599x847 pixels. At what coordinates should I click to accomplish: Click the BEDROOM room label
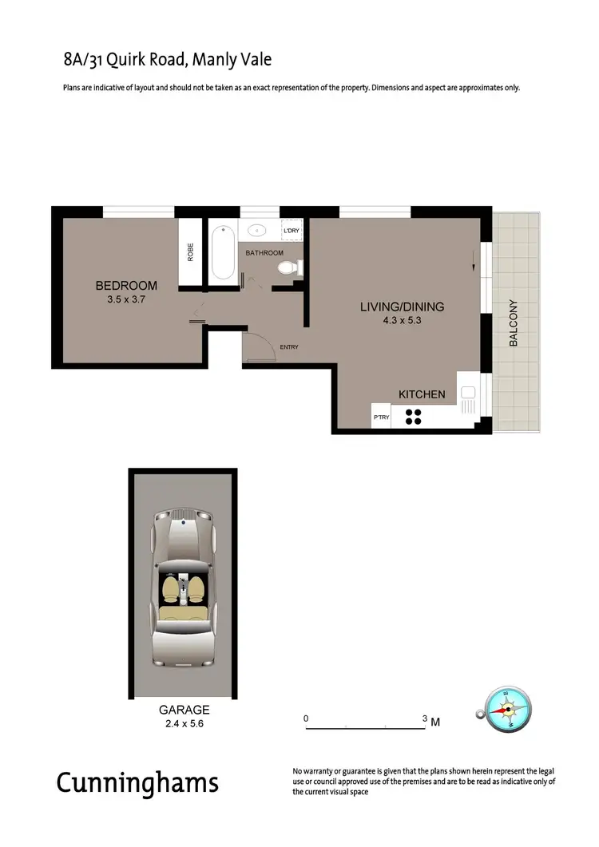tap(126, 286)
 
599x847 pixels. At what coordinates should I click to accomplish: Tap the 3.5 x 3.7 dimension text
tap(126, 300)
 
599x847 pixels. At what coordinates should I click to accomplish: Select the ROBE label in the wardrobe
tap(190, 252)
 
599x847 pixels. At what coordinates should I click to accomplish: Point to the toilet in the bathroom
tap(284, 268)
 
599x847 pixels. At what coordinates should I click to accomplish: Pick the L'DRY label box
tap(292, 231)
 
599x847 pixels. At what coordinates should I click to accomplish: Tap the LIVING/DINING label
tap(402, 307)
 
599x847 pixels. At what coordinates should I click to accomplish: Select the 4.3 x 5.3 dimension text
tap(402, 322)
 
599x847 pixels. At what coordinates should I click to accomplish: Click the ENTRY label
tap(289, 346)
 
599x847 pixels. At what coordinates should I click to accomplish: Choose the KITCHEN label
tap(422, 394)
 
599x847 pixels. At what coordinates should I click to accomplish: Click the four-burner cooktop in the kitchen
tap(415, 416)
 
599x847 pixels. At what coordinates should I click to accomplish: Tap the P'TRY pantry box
tap(381, 418)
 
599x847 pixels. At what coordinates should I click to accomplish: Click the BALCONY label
tap(514, 323)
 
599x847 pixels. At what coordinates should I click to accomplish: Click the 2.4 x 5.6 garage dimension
tap(184, 725)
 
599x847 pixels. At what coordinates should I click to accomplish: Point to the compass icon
tap(507, 710)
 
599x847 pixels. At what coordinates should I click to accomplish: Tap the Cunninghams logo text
tap(137, 782)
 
